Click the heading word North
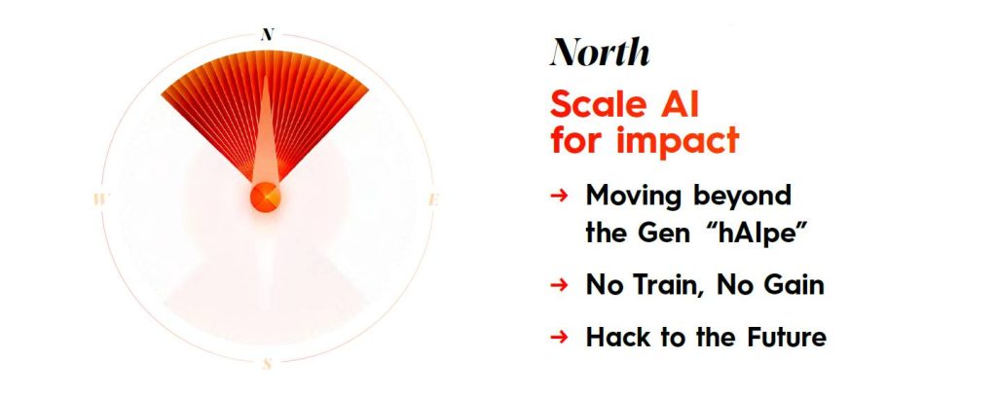click(600, 52)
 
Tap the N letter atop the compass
click(268, 34)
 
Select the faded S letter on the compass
click(268, 364)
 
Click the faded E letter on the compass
click(433, 199)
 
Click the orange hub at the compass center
click(265, 197)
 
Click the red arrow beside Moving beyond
click(558, 196)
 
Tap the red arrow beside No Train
click(558, 285)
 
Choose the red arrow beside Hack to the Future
click(558, 336)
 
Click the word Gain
click(793, 285)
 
